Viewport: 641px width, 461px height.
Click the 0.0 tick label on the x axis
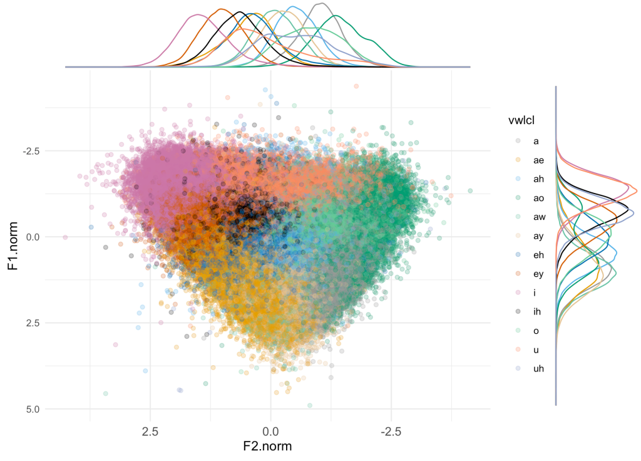pyautogui.click(x=270, y=432)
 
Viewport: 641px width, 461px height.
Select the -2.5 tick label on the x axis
pyautogui.click(x=391, y=432)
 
